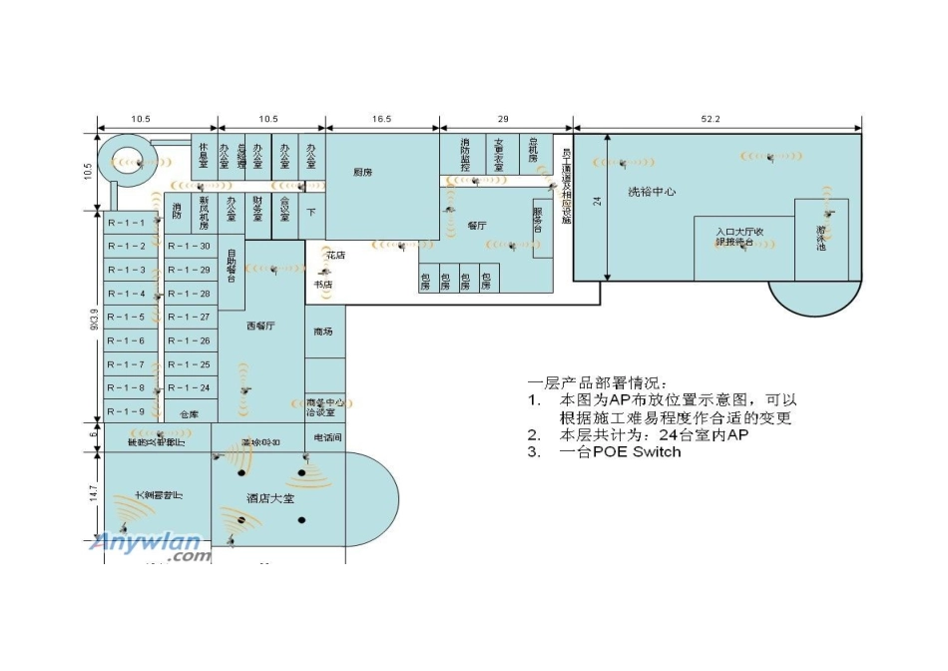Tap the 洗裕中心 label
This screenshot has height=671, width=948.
(x=652, y=191)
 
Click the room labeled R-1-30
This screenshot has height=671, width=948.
(x=189, y=246)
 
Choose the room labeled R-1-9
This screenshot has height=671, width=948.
(x=127, y=411)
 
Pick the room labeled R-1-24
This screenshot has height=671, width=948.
(x=189, y=387)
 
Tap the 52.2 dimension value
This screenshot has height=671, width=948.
(x=711, y=119)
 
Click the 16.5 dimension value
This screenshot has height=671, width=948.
(x=381, y=119)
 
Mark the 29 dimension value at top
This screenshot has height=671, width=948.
(x=503, y=119)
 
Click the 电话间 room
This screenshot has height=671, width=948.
(x=327, y=437)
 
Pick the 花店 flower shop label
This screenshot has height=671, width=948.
(x=335, y=257)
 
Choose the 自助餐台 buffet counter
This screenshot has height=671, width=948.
(x=231, y=266)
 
